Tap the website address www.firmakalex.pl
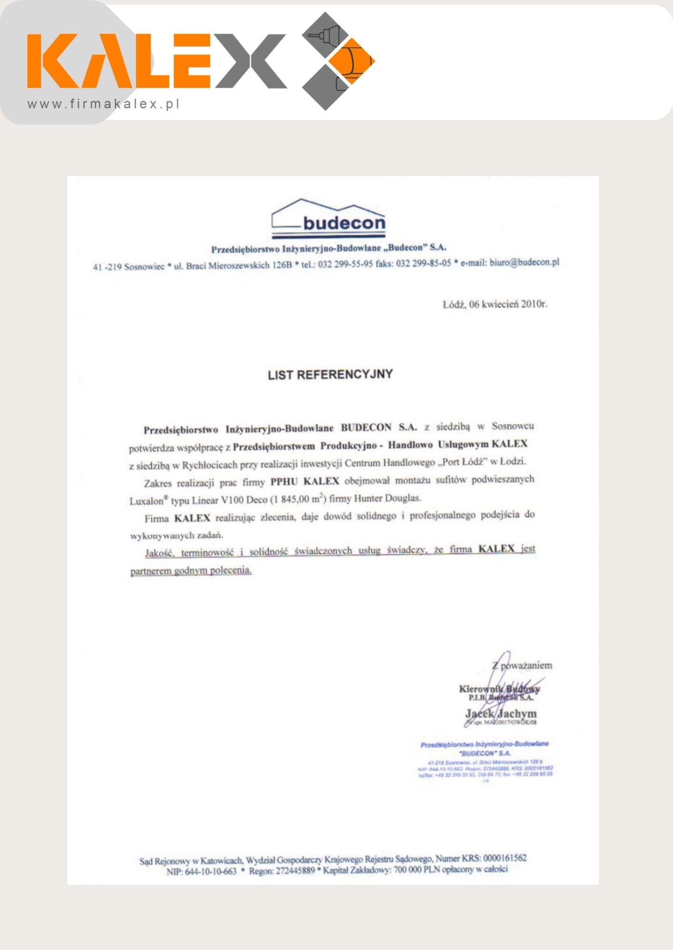pos(103,104)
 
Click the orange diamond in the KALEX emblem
pos(353,61)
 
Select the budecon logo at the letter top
pos(328,219)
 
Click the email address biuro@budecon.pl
pos(524,262)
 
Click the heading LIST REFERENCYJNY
pos(330,375)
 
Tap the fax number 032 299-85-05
pos(423,263)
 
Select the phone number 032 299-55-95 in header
pos(345,264)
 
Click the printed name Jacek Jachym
pos(501,713)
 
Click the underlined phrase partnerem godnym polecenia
pos(191,570)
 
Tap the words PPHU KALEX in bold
pos(305,481)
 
